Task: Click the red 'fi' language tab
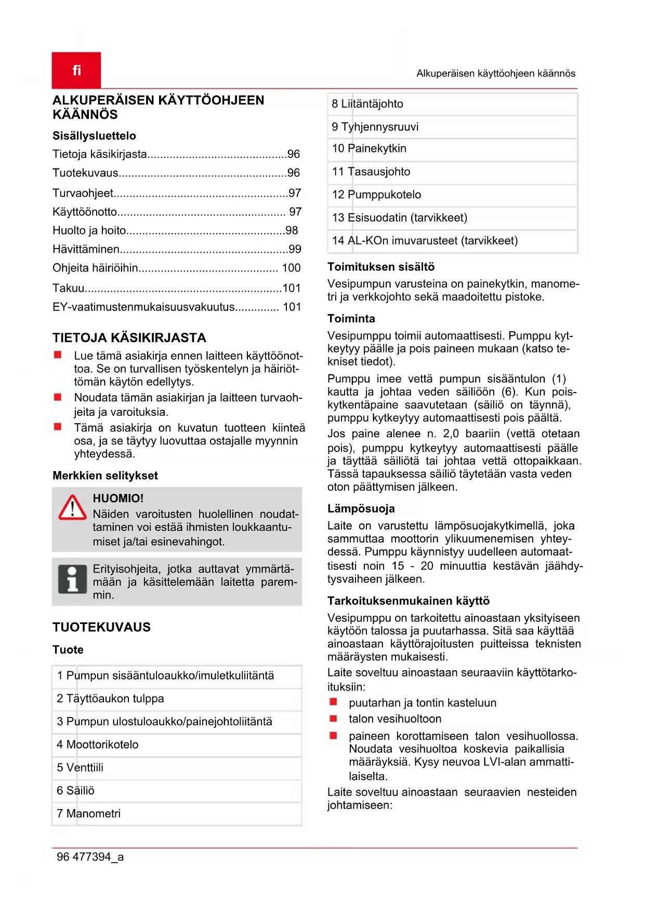(x=76, y=70)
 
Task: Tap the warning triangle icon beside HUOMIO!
(x=72, y=507)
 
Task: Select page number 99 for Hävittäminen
(x=295, y=249)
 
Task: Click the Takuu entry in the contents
(x=69, y=288)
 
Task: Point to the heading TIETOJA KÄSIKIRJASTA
(x=129, y=338)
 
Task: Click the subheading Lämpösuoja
(x=361, y=509)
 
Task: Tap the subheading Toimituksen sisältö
(x=381, y=267)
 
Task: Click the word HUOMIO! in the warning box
(x=118, y=499)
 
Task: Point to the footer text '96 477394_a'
(x=90, y=857)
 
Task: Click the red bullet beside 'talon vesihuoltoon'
(x=334, y=719)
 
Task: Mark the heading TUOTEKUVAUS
(x=101, y=628)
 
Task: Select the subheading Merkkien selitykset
(x=105, y=476)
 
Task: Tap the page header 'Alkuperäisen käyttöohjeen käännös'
(x=496, y=73)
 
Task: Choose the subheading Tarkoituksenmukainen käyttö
(x=409, y=601)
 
